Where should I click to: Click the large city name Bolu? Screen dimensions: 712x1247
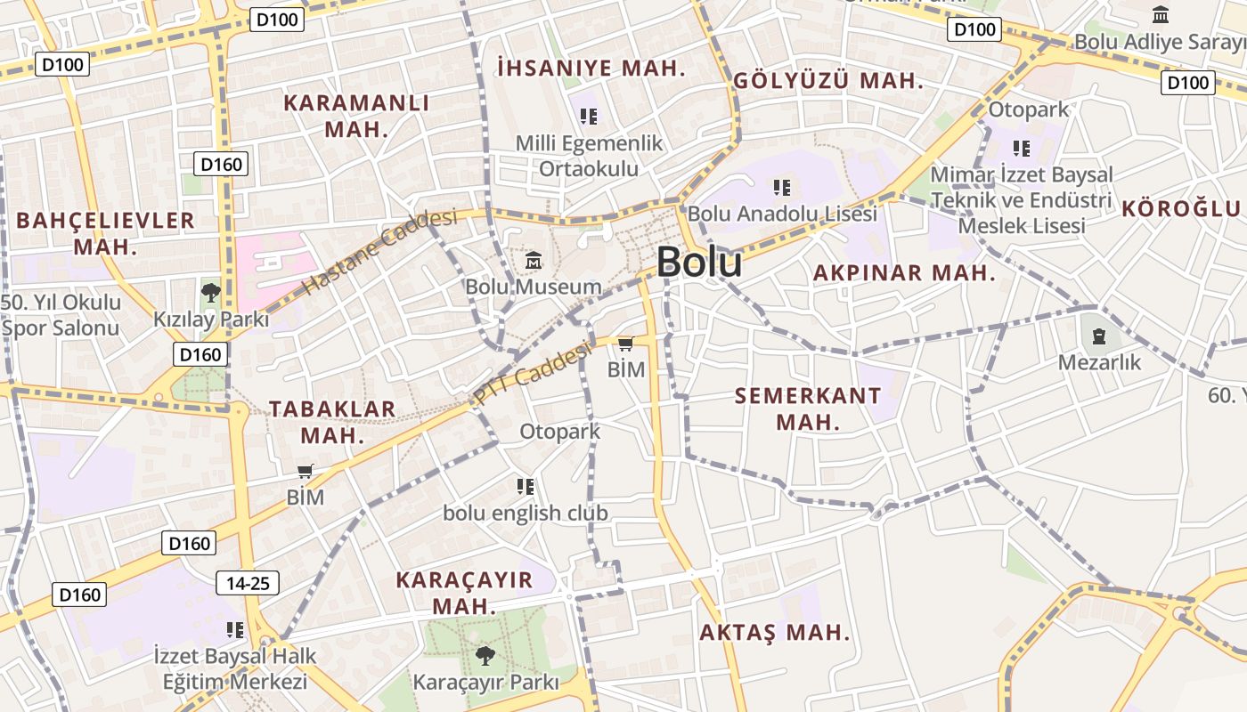tap(699, 263)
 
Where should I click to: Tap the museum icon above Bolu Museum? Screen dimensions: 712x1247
tap(534, 261)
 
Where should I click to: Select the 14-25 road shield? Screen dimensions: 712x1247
tap(248, 584)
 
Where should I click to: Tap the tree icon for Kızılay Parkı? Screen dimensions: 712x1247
tap(210, 292)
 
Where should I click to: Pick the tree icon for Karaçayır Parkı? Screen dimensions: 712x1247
tap(485, 657)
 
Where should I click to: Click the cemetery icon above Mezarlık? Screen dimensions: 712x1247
tap(1099, 336)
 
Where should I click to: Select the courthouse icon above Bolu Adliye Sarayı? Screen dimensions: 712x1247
tap(1161, 15)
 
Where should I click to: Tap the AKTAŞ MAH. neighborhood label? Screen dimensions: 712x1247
tap(774, 633)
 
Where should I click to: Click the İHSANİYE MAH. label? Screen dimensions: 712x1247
tap(591, 68)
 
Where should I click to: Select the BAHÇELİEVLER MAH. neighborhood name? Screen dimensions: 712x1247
tap(105, 233)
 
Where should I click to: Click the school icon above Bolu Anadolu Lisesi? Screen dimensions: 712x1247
tap(781, 188)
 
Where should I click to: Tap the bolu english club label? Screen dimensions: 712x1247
tap(526, 514)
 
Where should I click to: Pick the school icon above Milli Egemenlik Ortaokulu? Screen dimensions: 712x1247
tap(588, 117)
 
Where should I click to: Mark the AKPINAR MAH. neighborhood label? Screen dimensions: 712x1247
tap(904, 273)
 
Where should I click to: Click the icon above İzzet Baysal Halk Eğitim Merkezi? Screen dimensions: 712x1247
tap(235, 630)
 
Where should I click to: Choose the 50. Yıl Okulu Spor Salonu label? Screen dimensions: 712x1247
tap(61, 315)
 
